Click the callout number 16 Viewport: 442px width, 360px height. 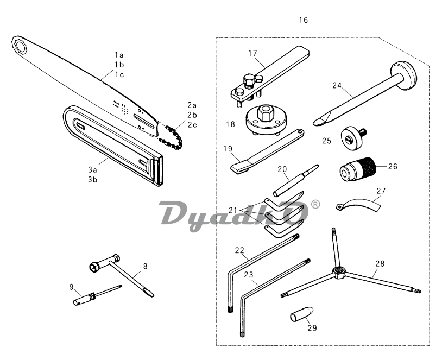pyautogui.click(x=303, y=20)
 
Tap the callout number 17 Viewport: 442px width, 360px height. pyautogui.click(x=252, y=53)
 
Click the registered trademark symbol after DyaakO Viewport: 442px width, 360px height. pyautogui.click(x=315, y=205)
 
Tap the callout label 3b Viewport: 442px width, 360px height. pyautogui.click(x=93, y=180)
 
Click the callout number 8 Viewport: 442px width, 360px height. pyautogui.click(x=145, y=266)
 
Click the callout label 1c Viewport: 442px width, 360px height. pyautogui.click(x=119, y=74)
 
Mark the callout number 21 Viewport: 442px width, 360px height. pyautogui.click(x=233, y=210)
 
